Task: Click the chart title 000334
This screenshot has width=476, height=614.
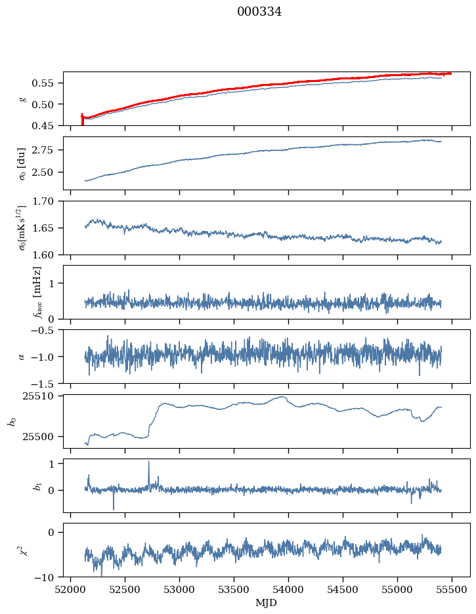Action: [259, 12]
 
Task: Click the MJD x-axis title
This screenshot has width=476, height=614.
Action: [266, 603]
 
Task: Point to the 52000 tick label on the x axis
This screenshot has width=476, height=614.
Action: [71, 588]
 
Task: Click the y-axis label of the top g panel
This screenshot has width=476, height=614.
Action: [22, 98]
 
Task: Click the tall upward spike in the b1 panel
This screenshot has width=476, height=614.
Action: [148, 462]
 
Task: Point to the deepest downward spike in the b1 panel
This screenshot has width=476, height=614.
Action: [113, 508]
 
